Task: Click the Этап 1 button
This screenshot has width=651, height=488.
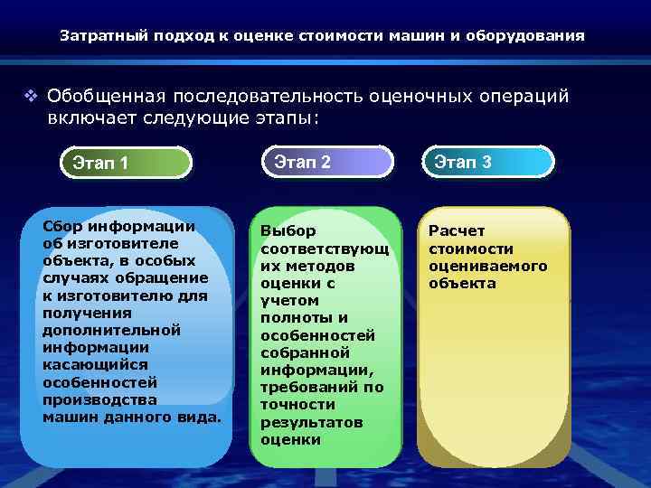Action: [x=126, y=164]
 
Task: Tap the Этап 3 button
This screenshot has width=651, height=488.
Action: [x=488, y=162]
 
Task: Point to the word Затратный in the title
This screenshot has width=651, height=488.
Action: [x=95, y=37]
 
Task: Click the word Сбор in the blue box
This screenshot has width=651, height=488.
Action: [x=61, y=226]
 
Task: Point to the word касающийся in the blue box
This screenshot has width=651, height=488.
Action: [x=88, y=364]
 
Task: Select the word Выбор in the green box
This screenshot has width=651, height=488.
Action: [x=283, y=231]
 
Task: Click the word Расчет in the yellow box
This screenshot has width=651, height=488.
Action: [x=457, y=231]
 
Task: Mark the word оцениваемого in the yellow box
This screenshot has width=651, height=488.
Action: [x=487, y=266]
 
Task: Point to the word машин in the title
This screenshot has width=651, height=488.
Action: [x=414, y=37]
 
